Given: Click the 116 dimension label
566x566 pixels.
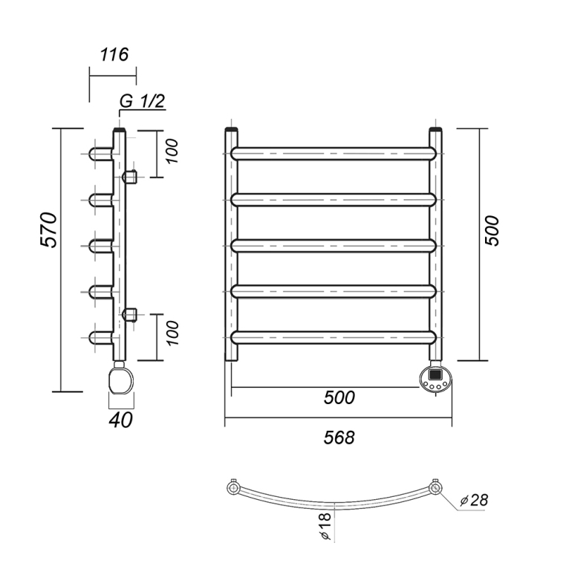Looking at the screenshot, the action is [114, 54].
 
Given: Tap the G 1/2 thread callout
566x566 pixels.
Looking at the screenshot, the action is [142, 101].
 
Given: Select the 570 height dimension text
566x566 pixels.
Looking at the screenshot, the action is [49, 230].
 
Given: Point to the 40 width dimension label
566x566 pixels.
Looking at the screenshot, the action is [120, 420].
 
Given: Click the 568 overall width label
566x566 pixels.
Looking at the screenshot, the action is [339, 437].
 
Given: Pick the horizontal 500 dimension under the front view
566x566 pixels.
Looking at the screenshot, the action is [339, 397].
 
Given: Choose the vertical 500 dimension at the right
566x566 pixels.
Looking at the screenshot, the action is [492, 231].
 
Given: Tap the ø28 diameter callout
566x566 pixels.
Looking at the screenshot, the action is [475, 501].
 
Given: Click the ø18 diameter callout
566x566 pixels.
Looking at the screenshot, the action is [325, 526].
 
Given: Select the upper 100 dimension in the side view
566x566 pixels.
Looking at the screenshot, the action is [172, 151].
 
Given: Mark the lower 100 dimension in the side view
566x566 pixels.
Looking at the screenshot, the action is [172, 333].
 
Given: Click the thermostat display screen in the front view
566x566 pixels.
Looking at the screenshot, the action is [435, 374].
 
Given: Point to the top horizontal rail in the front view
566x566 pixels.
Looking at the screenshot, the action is [334, 154].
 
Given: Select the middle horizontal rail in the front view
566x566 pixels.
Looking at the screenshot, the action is [334, 245].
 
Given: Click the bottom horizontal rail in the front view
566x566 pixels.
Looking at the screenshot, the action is [334, 337].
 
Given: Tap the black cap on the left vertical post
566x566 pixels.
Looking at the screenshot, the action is [232, 129].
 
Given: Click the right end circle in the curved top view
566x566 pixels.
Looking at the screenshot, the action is [435, 489].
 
